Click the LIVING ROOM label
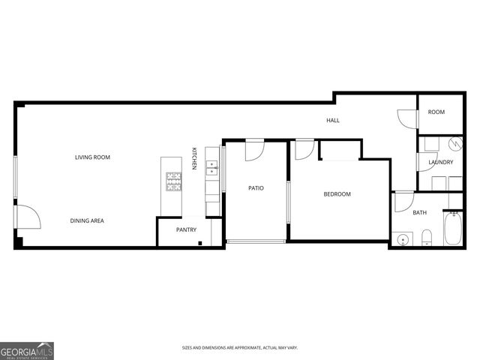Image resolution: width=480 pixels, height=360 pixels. (92, 157)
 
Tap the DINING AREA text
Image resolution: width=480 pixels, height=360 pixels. (87, 220)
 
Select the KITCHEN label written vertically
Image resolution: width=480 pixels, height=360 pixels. (193, 158)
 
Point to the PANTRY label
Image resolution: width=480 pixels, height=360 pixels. (186, 229)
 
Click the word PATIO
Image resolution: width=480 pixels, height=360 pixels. (256, 188)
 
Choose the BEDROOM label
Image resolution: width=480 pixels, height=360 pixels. (337, 194)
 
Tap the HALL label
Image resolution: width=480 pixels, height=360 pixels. (332, 120)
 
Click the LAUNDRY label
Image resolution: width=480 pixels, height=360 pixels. (440, 162)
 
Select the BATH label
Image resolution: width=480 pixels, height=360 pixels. (419, 212)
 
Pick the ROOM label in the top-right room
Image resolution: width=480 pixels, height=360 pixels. (436, 112)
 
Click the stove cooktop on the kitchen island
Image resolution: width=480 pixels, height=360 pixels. (173, 180)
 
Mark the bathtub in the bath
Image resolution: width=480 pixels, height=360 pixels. (453, 229)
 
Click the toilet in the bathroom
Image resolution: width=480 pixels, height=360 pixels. (425, 239)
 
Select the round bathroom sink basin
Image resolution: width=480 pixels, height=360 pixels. (403, 239)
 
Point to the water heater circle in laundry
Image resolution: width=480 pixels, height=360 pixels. (454, 143)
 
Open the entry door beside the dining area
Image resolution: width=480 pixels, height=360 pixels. (27, 217)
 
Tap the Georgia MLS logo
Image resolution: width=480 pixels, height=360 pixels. (27, 350)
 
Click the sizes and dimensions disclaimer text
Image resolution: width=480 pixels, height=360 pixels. (240, 347)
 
